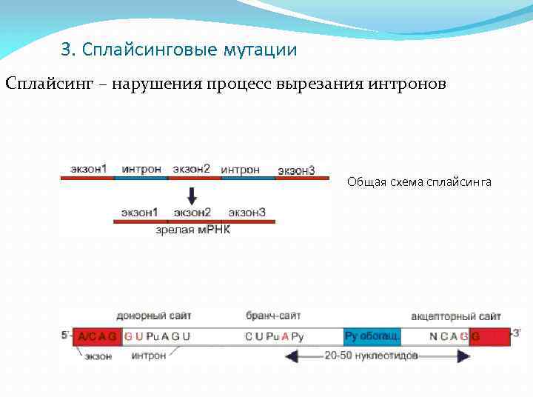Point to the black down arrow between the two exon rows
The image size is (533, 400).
click(x=192, y=196)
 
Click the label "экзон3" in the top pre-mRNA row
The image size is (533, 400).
click(x=296, y=170)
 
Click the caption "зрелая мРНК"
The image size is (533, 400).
click(x=193, y=230)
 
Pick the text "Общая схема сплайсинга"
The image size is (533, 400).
click(x=419, y=182)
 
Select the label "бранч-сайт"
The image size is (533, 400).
click(x=273, y=316)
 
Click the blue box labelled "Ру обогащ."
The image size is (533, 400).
click(x=372, y=336)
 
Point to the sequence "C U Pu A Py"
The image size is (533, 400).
click(x=274, y=336)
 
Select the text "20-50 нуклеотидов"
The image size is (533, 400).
click(x=371, y=356)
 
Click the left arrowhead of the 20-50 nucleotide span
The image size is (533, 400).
click(x=291, y=356)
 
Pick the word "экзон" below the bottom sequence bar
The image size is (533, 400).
click(x=98, y=356)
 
